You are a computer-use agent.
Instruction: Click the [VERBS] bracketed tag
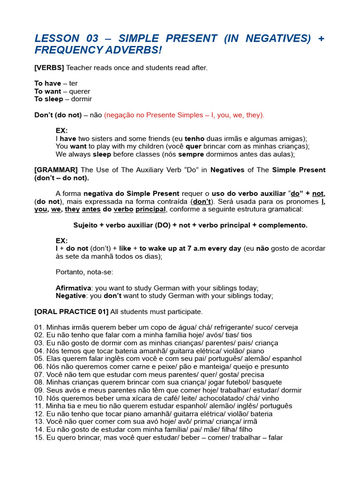coord(49,68)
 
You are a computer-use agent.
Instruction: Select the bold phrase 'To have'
coord(47,83)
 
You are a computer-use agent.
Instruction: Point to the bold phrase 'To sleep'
coord(49,99)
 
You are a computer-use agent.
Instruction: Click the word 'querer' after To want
coord(80,91)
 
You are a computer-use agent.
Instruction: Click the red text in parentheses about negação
coord(184,115)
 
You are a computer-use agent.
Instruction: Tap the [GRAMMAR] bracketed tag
coord(56,170)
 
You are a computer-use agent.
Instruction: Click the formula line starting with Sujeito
coord(190,225)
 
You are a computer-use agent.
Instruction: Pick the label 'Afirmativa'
coord(73,288)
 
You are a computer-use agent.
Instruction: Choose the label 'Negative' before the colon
coord(70,296)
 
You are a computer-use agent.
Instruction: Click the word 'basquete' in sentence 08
coord(268,382)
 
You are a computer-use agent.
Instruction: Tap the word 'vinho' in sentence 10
coord(270,398)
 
